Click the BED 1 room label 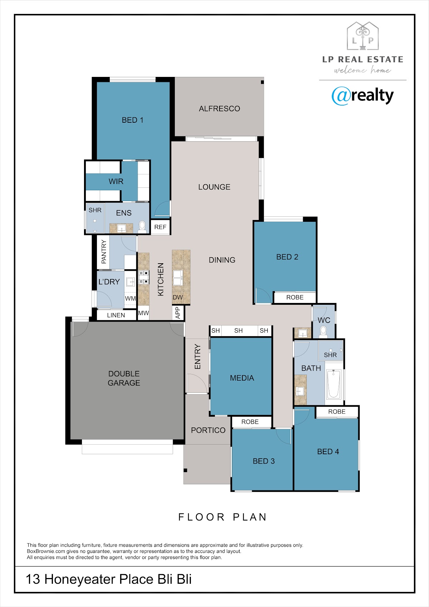point(132,120)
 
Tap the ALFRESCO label point(220,109)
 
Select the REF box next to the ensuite point(160,227)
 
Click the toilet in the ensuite point(142,227)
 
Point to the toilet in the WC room point(323,332)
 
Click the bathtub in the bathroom point(334,384)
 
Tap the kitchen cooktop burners point(144,278)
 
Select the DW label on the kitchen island point(178,297)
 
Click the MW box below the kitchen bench point(144,313)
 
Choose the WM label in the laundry point(130,299)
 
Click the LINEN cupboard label point(116,315)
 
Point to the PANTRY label point(104,252)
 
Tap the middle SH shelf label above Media point(238,331)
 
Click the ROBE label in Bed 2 point(295,297)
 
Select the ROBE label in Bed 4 point(337,412)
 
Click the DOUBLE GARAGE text point(124,378)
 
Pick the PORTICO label point(208,430)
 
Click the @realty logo point(363,96)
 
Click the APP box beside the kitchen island point(178,313)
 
